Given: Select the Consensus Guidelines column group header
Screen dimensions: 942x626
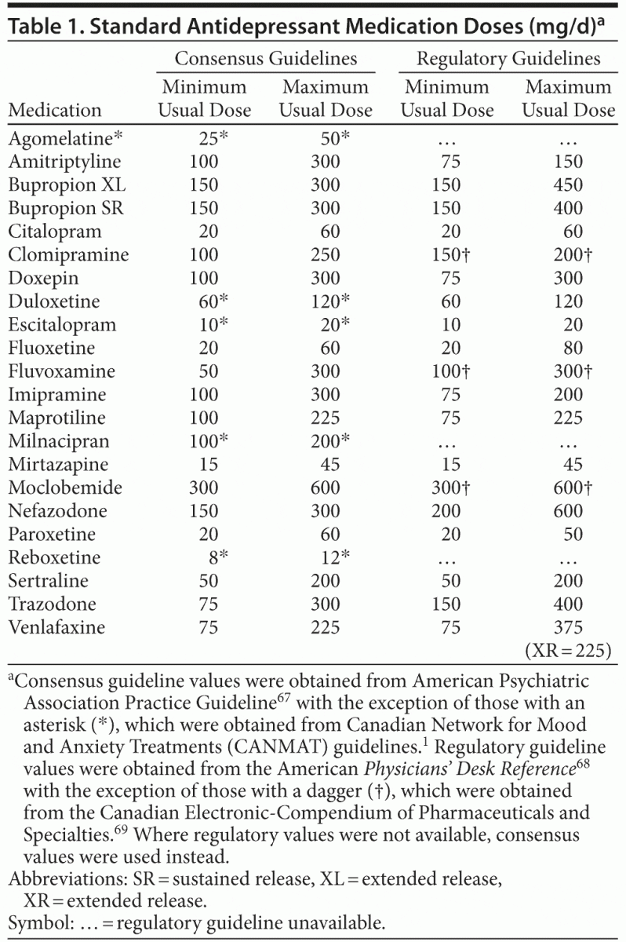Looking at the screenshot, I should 265,59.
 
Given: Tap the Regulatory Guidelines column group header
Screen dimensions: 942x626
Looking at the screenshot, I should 508,59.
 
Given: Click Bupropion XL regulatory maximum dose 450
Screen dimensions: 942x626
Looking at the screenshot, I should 568,185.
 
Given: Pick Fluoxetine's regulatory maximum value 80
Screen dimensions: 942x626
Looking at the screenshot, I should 572,348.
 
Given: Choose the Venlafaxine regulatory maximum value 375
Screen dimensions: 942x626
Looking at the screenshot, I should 568,627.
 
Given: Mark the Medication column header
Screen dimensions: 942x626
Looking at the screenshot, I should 55,110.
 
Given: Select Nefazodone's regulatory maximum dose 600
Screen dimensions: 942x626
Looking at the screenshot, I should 568,511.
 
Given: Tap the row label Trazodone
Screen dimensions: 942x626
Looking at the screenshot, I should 53,604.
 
